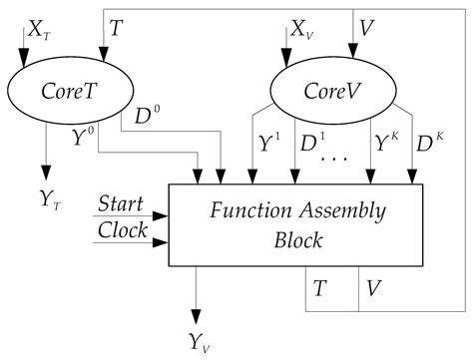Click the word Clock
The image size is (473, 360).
(121, 230)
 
